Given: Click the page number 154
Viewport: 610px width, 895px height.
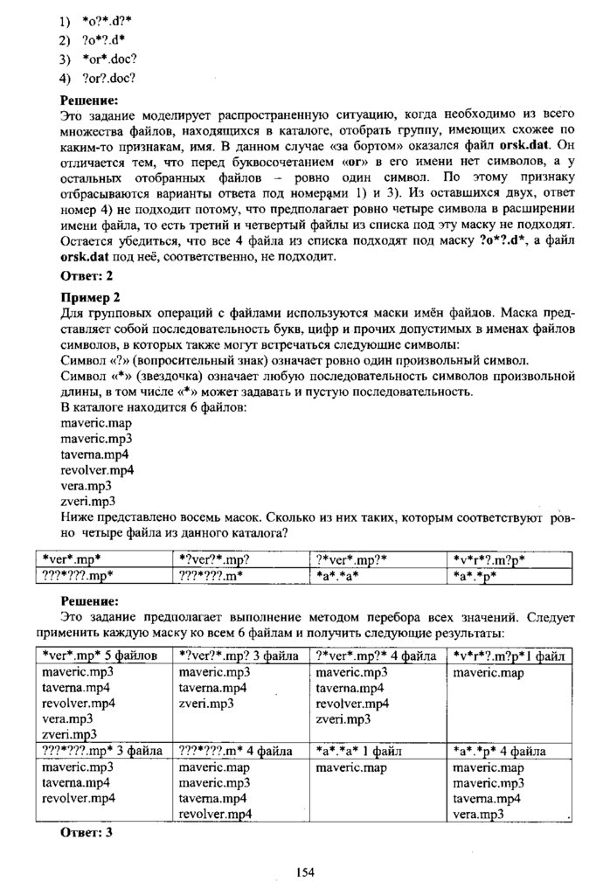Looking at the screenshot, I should point(305,871).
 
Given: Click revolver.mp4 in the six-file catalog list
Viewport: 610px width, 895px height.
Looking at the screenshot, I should point(97,469).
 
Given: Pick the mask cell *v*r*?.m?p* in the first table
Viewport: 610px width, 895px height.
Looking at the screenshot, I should point(490,559).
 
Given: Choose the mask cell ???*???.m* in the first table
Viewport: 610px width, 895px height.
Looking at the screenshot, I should point(210,575).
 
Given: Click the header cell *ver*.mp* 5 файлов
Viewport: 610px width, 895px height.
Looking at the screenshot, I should point(101,655).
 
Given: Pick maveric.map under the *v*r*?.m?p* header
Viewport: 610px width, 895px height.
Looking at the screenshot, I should point(485,673).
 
